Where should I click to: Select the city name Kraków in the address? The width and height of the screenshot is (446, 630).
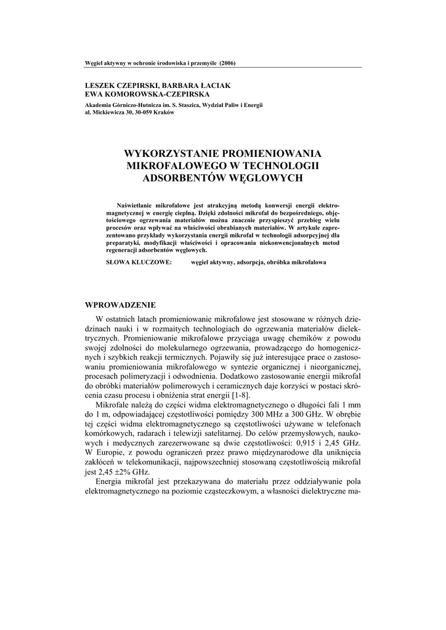pos(164,113)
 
